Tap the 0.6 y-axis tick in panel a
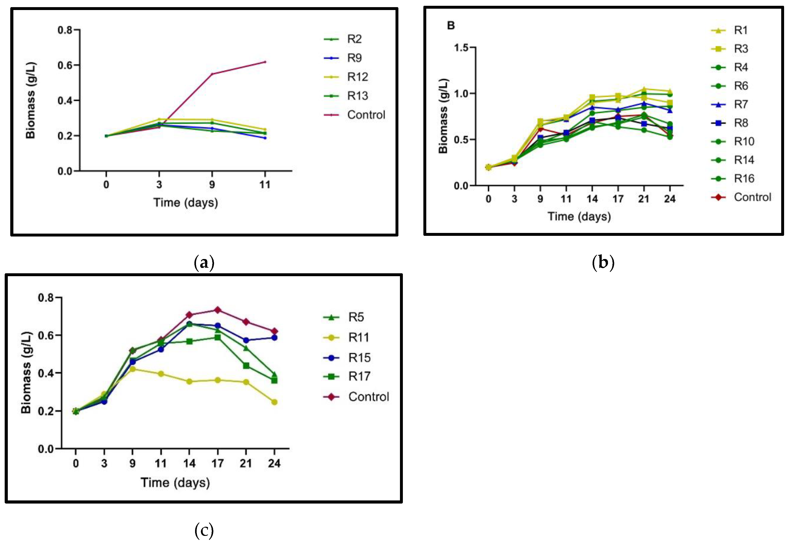coord(65,65)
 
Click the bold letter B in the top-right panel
coord(451,25)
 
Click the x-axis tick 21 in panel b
coord(644,199)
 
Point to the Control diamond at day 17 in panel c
coord(217,310)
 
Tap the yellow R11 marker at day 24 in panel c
coord(274,402)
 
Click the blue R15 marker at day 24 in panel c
coord(274,338)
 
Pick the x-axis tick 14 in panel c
coord(189,463)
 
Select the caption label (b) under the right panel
coord(603,263)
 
